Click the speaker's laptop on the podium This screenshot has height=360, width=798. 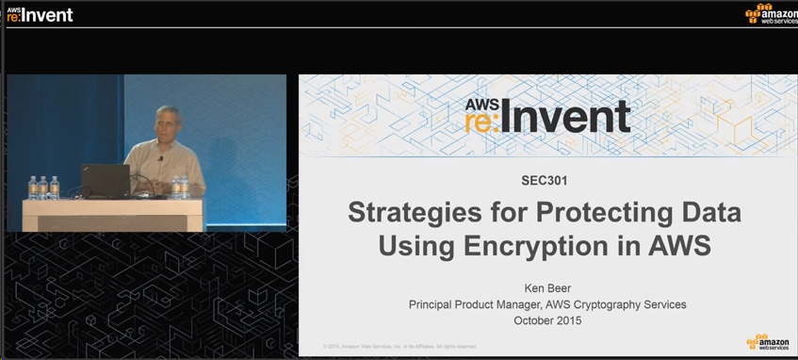click(105, 179)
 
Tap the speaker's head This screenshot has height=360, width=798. click(168, 123)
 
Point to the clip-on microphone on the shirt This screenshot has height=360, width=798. click(160, 158)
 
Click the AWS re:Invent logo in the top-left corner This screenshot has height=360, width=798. click(39, 14)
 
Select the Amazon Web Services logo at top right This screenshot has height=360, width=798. click(770, 14)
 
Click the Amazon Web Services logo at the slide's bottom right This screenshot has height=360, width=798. click(768, 343)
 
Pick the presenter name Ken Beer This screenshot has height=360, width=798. click(547, 287)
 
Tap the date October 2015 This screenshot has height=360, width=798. click(547, 320)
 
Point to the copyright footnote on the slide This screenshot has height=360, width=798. click(399, 346)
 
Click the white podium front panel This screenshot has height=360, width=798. click(112, 216)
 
